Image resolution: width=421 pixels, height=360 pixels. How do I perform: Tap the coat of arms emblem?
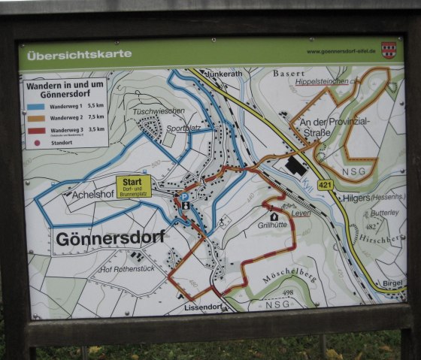[388, 50]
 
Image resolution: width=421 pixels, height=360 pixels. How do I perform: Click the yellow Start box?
[133, 186]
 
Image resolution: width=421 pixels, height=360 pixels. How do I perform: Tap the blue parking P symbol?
[184, 198]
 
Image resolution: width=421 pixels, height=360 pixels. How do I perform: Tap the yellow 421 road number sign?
[325, 185]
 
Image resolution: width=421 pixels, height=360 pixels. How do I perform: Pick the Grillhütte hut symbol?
[274, 216]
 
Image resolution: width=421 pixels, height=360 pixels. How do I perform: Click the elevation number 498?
[288, 292]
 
